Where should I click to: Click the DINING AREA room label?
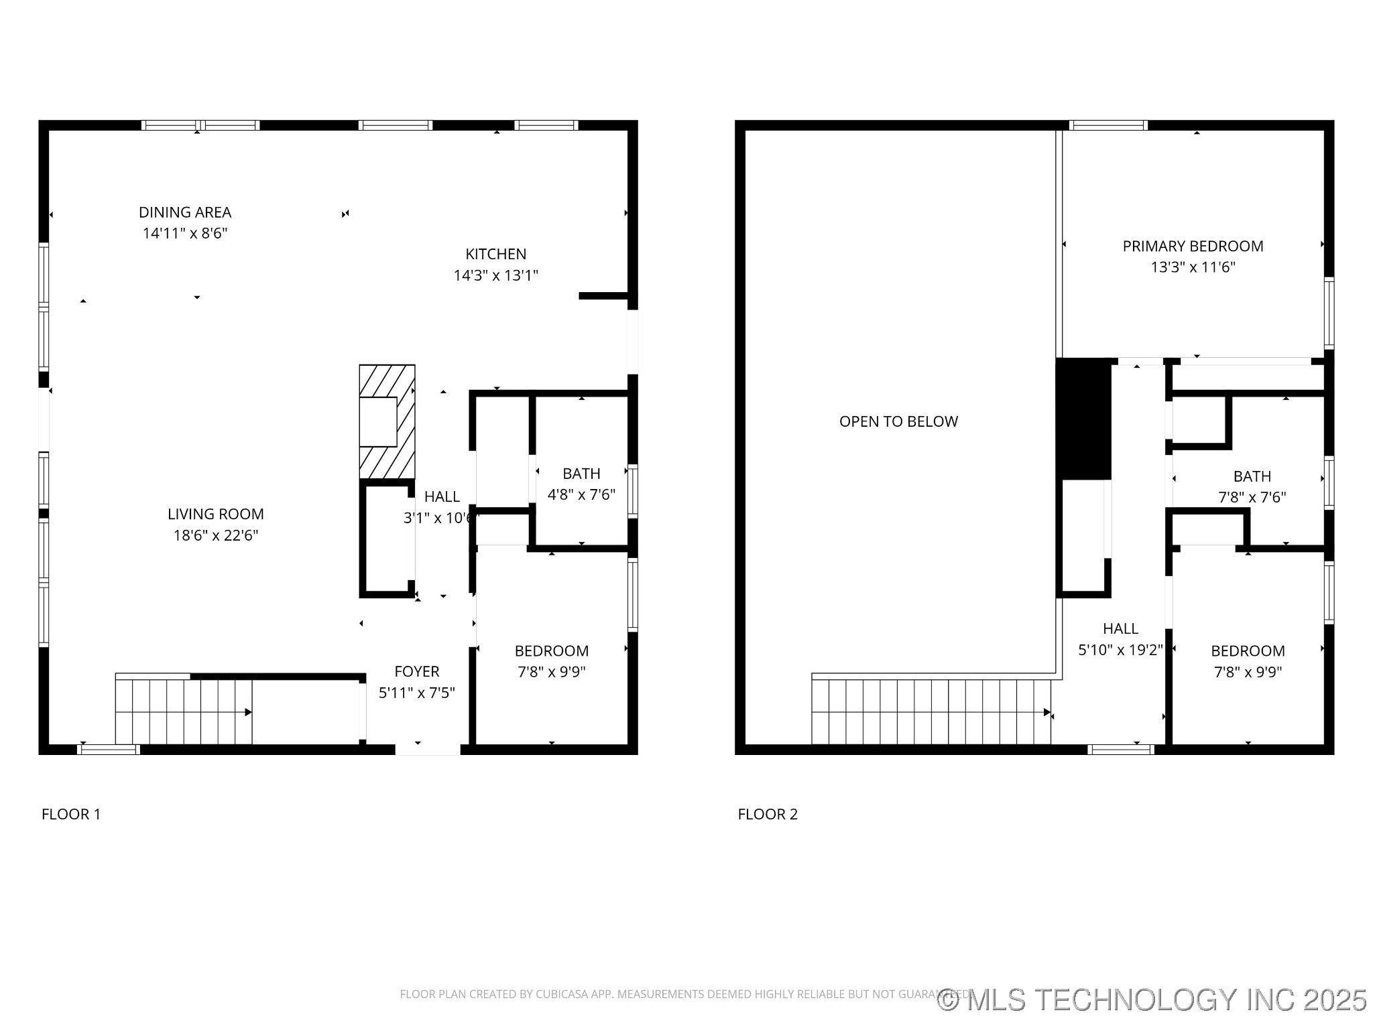[x=185, y=212]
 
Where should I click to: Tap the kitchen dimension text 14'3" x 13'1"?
[x=495, y=275]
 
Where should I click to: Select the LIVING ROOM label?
[x=215, y=514]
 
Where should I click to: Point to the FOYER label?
[x=416, y=671]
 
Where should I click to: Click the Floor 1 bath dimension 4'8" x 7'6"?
[x=581, y=494]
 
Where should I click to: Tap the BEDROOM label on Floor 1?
[x=551, y=650]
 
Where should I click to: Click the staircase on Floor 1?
[x=184, y=711]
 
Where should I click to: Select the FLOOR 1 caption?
[x=71, y=814]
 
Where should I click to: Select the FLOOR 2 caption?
[x=768, y=814]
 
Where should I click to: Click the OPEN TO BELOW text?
[x=898, y=421]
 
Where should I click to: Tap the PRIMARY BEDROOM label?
[x=1193, y=246]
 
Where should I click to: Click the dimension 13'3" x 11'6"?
[x=1193, y=267]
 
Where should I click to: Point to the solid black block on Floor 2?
[x=1083, y=419]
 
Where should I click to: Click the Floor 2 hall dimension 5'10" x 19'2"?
[x=1120, y=649]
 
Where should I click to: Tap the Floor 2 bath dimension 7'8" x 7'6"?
[x=1252, y=497]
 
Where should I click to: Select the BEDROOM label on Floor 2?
[x=1248, y=650]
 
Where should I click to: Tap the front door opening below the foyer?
[x=428, y=749]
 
